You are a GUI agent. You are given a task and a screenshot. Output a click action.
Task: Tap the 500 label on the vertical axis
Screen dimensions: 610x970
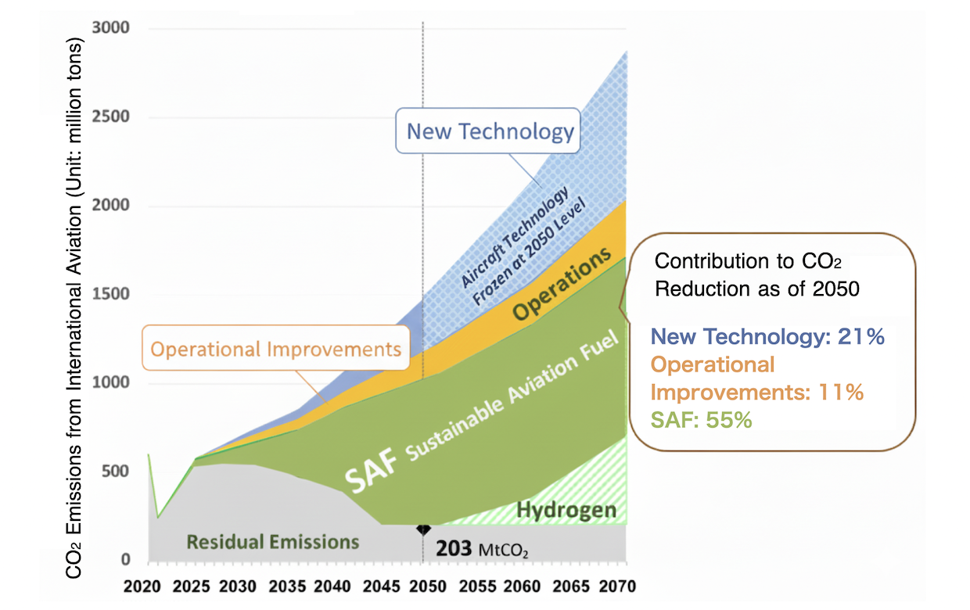(117, 472)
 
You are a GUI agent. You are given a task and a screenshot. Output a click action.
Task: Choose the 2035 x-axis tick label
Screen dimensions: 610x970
(286, 586)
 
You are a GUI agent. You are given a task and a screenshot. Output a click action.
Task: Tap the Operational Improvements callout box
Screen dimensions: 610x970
(276, 348)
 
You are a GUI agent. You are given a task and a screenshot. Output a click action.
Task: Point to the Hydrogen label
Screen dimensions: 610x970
(566, 511)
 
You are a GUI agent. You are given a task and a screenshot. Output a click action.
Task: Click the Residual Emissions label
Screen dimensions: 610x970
(273, 541)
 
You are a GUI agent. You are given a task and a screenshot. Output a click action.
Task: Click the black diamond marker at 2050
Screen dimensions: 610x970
(423, 529)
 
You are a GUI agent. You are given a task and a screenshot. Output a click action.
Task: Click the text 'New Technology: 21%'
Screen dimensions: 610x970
(767, 337)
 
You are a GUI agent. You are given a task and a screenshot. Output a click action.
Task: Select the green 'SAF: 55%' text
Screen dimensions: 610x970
(701, 420)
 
